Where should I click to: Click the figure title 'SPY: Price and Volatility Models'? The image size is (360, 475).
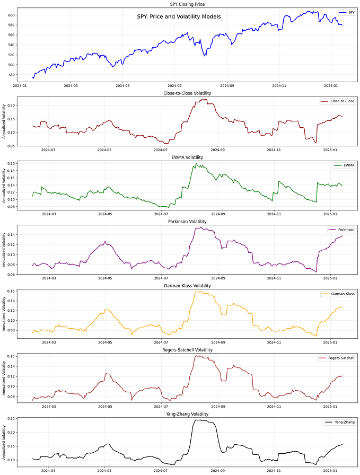(x=179, y=17)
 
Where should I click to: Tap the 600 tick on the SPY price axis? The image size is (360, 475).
(x=11, y=15)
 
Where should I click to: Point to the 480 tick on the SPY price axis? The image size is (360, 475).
(x=11, y=75)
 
